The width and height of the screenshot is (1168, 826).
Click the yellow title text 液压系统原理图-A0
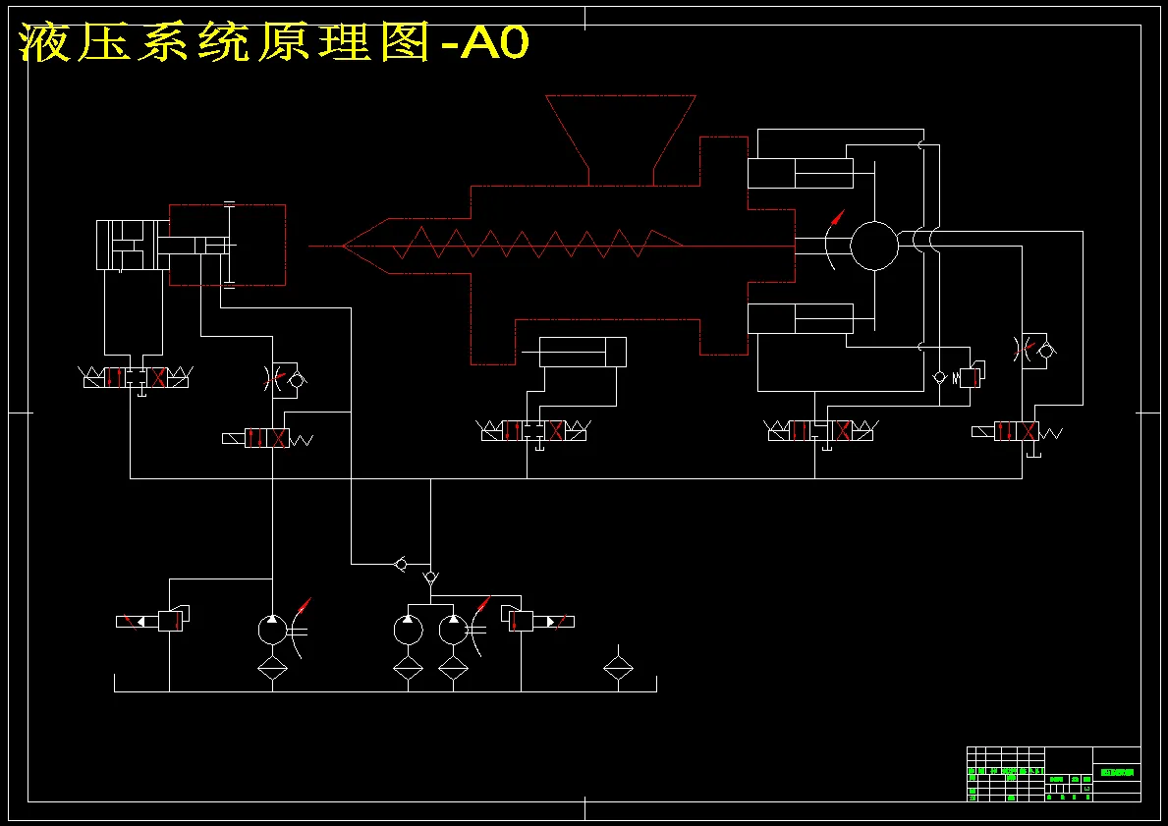tap(274, 43)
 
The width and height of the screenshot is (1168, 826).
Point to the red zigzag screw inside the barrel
tap(521, 244)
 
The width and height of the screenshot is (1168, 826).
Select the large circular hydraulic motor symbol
tap(873, 246)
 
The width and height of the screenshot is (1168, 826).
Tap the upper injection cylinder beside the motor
tap(801, 174)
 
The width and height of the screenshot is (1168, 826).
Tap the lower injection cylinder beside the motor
tap(801, 318)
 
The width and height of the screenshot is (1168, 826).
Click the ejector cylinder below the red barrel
tap(583, 353)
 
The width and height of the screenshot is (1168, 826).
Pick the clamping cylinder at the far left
tap(128, 246)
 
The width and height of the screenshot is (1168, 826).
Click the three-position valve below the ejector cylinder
tap(534, 430)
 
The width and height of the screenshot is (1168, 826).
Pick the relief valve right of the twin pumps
tap(522, 621)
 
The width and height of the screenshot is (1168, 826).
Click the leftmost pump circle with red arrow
tap(272, 629)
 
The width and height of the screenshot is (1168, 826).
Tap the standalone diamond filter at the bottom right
tap(618, 669)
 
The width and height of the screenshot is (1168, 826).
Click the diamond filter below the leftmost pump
tap(272, 669)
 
